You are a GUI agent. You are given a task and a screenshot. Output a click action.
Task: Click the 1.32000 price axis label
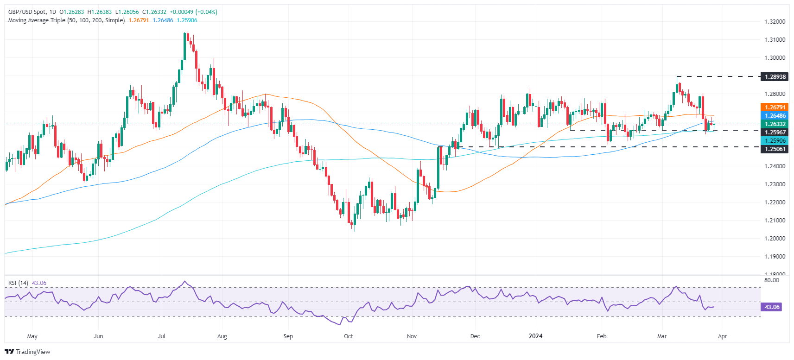(x=775, y=22)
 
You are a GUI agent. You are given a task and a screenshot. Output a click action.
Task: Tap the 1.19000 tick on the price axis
(x=775, y=257)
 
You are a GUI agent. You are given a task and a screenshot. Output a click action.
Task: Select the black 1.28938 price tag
(x=775, y=77)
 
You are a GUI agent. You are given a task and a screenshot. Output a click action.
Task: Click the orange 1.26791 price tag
(x=775, y=107)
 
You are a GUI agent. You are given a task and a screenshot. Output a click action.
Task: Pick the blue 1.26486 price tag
(x=775, y=116)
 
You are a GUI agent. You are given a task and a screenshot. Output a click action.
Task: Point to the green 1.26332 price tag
(x=775, y=124)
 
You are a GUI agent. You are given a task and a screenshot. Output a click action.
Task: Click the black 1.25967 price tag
(x=775, y=133)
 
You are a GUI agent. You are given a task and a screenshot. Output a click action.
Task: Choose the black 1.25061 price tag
(x=775, y=149)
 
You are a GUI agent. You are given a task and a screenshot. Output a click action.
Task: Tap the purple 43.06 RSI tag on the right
(x=772, y=307)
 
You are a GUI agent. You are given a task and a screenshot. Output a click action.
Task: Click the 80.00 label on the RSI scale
(x=772, y=280)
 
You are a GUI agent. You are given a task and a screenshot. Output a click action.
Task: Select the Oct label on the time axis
(x=349, y=336)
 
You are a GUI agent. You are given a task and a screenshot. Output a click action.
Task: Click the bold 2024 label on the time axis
(x=535, y=336)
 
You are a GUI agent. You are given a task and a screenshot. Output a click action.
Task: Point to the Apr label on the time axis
(x=722, y=336)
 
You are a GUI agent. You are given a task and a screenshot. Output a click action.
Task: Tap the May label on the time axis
(x=32, y=336)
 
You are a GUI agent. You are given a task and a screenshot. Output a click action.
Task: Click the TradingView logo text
(x=32, y=352)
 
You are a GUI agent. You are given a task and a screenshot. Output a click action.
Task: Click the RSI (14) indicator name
(x=18, y=283)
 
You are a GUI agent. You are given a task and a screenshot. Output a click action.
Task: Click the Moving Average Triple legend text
(x=66, y=20)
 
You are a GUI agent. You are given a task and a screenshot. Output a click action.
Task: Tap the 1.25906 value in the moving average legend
(x=187, y=20)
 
